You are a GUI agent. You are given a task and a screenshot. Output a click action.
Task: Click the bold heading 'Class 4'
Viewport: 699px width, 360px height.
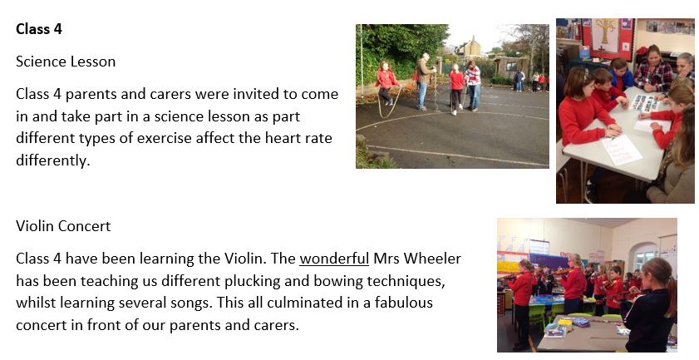click(39, 29)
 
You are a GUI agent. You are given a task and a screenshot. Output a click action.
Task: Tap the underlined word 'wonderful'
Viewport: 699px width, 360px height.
click(334, 259)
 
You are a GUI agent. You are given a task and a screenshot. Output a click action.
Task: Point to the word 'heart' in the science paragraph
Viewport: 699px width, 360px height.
click(283, 138)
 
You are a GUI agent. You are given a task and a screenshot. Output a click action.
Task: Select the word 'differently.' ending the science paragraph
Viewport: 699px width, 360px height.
click(53, 160)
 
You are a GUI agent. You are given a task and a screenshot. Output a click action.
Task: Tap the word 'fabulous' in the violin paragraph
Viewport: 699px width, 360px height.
click(403, 303)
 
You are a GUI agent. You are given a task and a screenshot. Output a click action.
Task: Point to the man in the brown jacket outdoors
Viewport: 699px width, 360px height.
click(424, 81)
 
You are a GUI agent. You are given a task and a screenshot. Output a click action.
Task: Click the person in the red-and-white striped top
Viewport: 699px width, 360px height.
click(473, 85)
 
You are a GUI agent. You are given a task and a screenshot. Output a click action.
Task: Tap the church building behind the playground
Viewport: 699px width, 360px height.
click(470, 48)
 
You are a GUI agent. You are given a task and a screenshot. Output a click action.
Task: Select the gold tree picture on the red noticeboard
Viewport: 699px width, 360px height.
click(605, 36)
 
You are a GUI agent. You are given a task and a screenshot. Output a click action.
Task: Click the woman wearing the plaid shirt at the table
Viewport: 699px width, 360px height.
click(653, 70)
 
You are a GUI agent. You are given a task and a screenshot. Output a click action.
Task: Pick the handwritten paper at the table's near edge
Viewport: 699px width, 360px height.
click(622, 150)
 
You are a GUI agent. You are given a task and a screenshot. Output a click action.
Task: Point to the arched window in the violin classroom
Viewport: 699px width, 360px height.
click(646, 257)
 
